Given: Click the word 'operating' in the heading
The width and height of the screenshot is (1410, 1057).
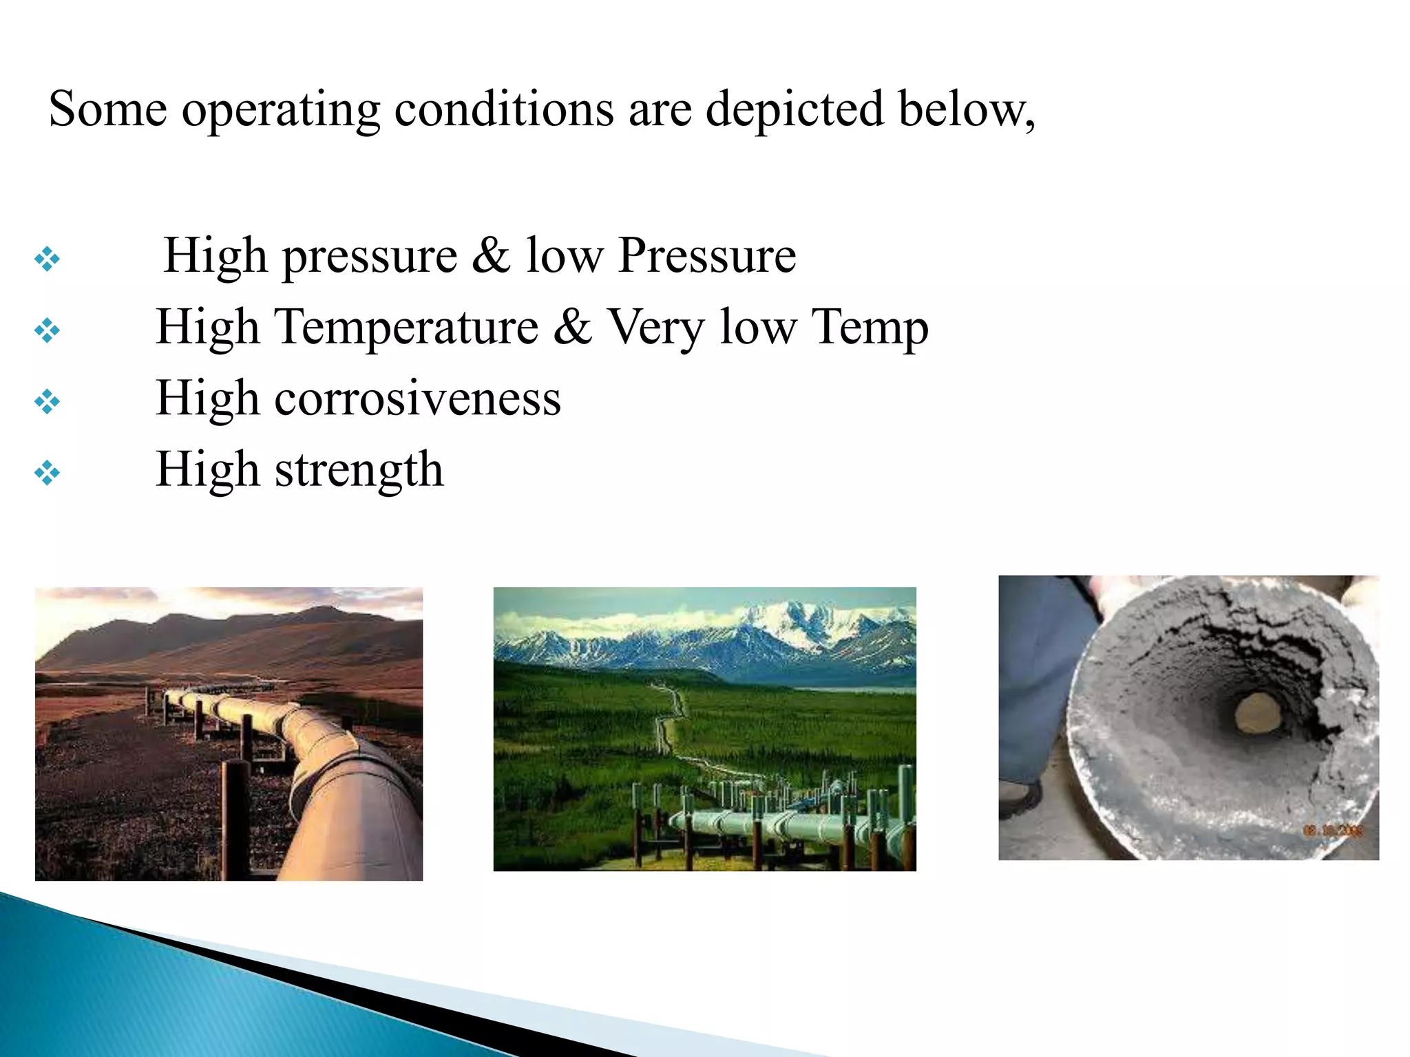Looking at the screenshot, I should coord(280,110).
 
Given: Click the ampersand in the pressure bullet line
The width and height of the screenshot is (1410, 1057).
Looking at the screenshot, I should coord(491,255).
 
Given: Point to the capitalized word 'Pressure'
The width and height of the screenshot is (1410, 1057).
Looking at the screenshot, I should coord(707,256).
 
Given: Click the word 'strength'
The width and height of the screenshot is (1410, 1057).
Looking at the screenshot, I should coord(359,471).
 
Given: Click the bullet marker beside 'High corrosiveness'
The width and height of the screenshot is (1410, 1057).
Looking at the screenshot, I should coord(47,402).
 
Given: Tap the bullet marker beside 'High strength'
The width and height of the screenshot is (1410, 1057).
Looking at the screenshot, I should coord(47,473).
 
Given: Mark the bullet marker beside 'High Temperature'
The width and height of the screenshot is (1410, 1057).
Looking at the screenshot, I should coord(47,331).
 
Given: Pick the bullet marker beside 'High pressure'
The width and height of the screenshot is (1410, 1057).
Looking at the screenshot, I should coord(47,259).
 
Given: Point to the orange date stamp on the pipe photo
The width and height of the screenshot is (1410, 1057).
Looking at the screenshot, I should coord(1333,831).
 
